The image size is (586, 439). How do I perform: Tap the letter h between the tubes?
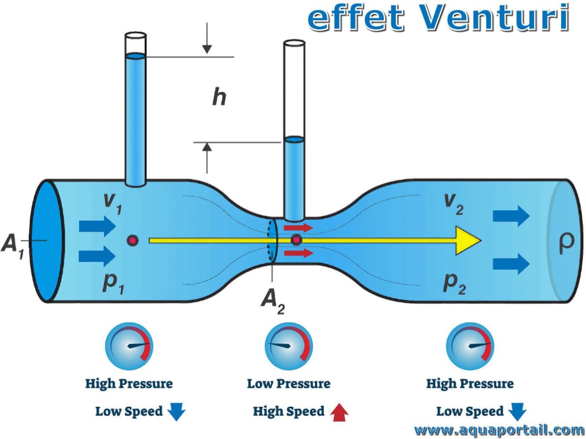point(219,98)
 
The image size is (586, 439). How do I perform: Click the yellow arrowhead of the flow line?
point(467,240)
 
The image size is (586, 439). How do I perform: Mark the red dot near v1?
point(132,240)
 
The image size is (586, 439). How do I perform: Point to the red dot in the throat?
point(296,240)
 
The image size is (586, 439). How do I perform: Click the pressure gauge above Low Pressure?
point(288,346)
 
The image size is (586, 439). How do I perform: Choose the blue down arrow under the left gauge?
point(176,413)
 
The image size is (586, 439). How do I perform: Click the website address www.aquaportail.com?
point(499,430)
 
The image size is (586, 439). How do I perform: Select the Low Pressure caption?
point(289,384)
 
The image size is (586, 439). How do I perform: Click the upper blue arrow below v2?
point(511,216)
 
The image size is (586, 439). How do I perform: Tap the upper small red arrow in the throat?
point(298,227)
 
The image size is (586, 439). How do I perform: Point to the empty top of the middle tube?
point(294,88)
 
